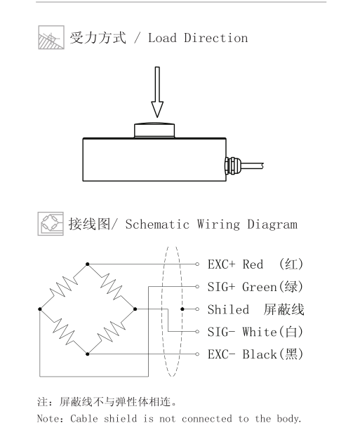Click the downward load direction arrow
coord(157,92)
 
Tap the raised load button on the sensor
coord(154,130)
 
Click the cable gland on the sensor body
coord(232,166)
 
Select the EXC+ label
coord(221,264)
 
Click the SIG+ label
coord(221,287)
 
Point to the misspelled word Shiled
coord(228,309)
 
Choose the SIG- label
coord(221,332)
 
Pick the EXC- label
coord(221,354)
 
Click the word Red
coord(253,264)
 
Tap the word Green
coord(260,287)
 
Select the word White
coord(260,332)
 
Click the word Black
coord(260,354)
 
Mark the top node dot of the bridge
coord(88,264)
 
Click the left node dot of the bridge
coord(40,309)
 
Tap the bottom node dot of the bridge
coord(88,354)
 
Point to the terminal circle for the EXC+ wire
coord(197,264)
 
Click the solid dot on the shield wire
coord(182,309)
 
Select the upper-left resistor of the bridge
coord(64,287)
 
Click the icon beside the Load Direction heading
coord(51,37)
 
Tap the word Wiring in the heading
coord(218,224)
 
